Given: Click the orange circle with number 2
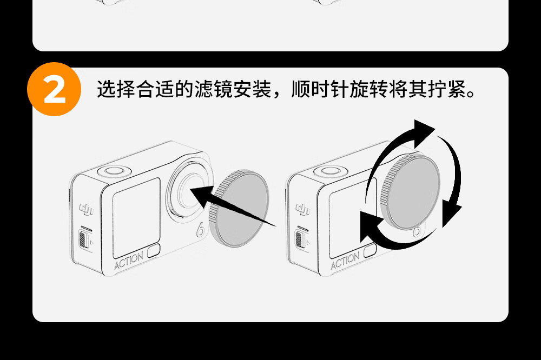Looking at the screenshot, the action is point(54,89).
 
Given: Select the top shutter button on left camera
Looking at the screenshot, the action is point(114,171).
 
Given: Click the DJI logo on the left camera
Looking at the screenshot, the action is point(87,208).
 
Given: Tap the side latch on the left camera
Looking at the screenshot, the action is point(83,238).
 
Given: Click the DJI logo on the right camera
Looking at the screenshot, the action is point(302,208).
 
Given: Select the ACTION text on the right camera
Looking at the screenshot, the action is point(345,261).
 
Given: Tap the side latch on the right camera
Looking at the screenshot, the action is point(299,238).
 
